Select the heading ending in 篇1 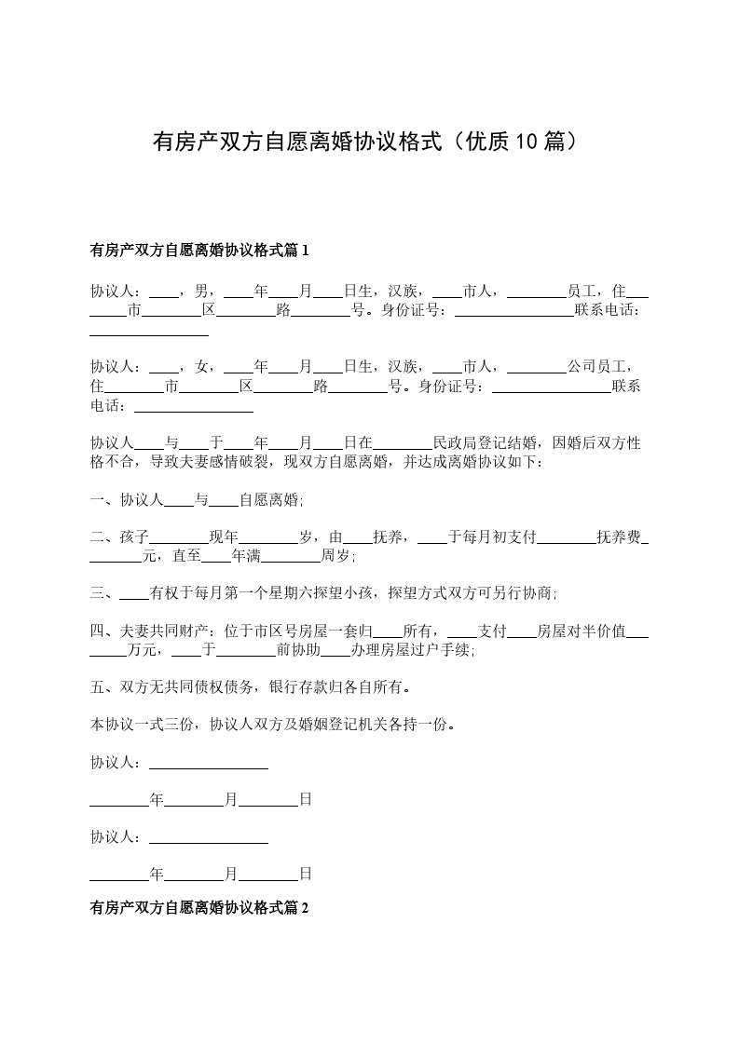[198, 250]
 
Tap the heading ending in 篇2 [198, 906]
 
